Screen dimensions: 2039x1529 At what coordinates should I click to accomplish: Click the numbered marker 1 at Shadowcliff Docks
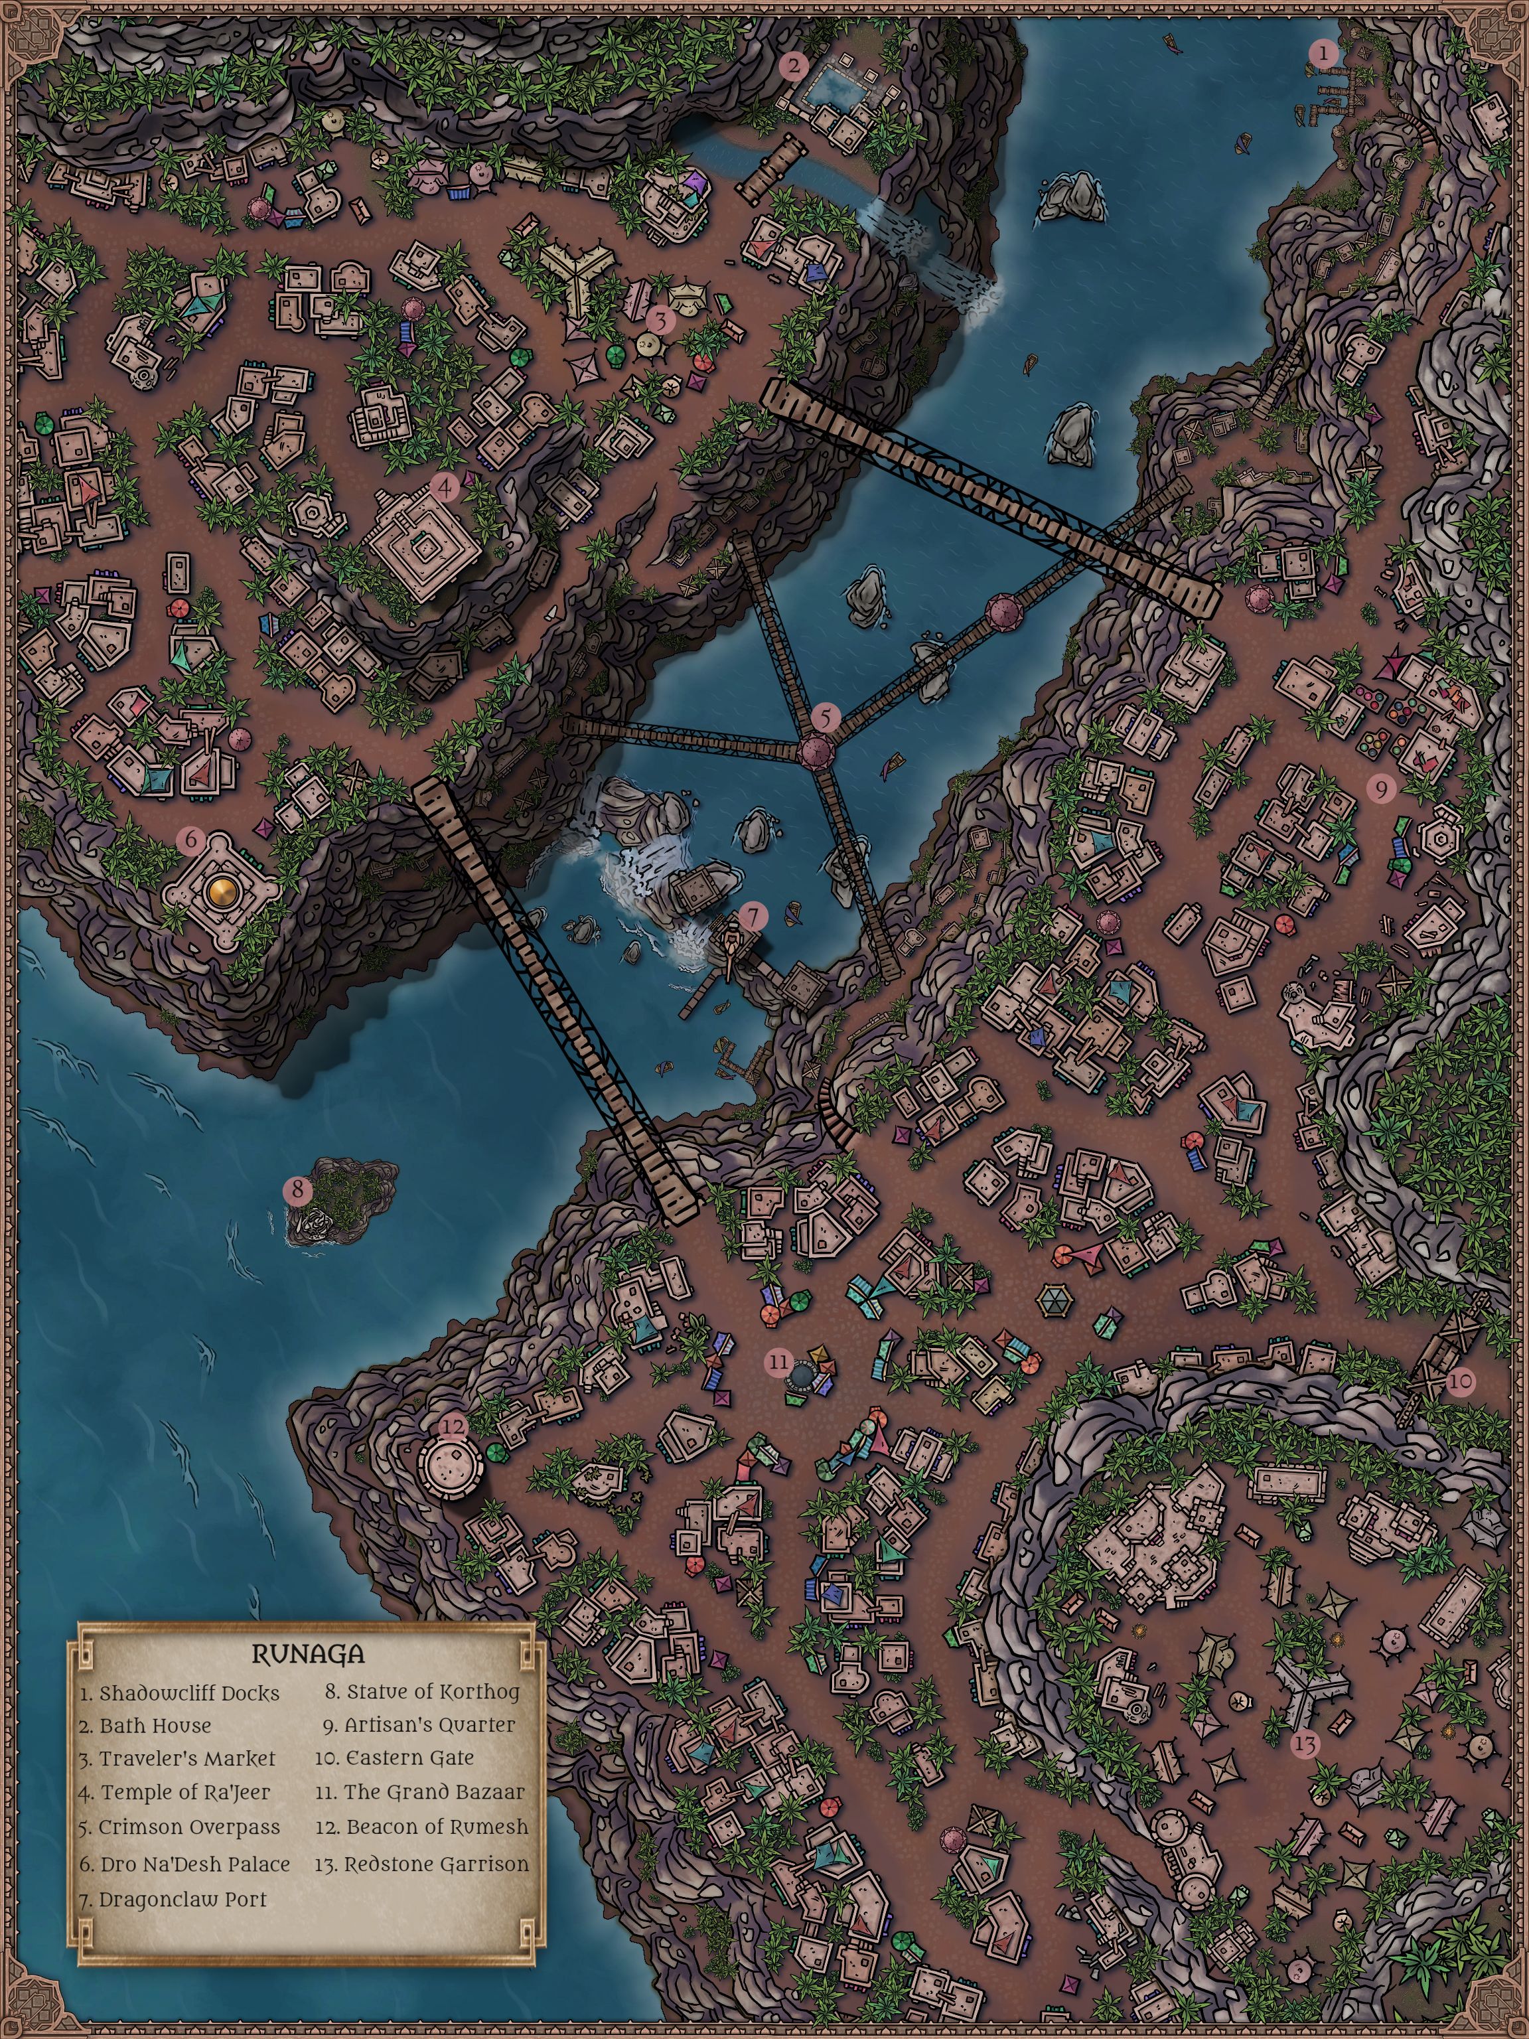[1323, 54]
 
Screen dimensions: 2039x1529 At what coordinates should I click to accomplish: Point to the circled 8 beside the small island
[298, 1190]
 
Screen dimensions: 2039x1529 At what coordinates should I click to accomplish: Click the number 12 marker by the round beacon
[453, 1426]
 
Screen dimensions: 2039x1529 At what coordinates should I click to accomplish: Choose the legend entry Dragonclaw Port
[173, 1899]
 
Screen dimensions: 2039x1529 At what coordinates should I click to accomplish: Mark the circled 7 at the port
[753, 916]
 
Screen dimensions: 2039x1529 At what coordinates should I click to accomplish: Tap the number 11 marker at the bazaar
[780, 1361]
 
